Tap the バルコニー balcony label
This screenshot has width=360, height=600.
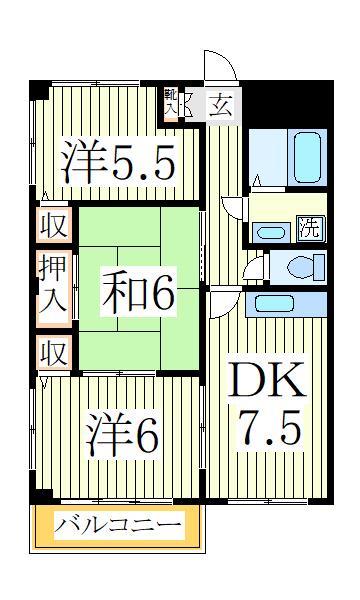pos(118,525)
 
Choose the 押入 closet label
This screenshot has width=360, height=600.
pos(54,286)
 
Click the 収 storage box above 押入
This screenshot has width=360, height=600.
pos(54,225)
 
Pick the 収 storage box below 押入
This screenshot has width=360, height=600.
pos(54,351)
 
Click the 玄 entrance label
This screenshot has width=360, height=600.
pos(222,104)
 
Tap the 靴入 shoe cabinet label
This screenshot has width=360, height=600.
pos(181,103)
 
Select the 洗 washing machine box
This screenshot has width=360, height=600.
pos(311,227)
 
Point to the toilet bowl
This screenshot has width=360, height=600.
pos(305,267)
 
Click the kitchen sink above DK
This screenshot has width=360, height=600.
pos(286,303)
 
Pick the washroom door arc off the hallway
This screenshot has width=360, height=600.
pos(234,208)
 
